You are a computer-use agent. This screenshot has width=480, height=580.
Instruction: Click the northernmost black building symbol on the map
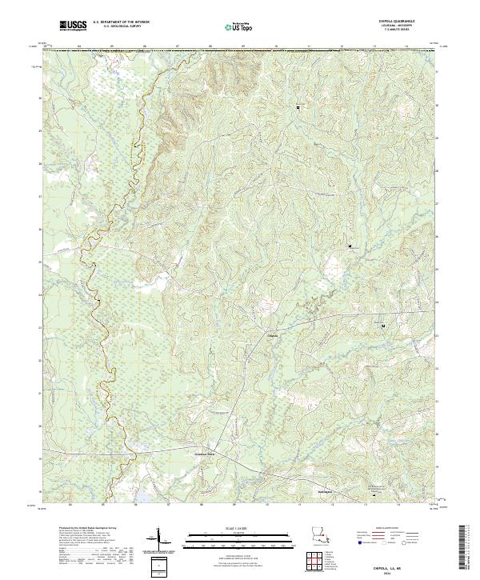299,106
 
